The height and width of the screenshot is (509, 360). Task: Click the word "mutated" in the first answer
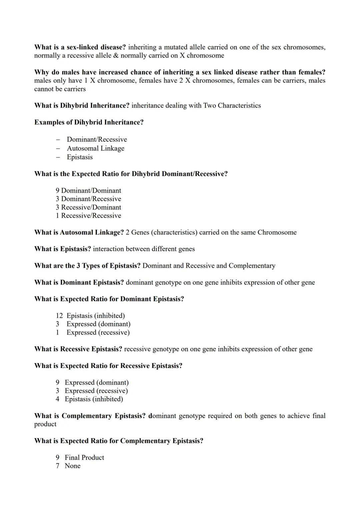point(176,47)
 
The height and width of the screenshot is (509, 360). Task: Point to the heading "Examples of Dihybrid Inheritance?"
point(89,122)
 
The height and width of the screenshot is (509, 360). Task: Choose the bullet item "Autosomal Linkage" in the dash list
point(95,148)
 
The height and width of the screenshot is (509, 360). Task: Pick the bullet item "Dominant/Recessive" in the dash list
point(97,139)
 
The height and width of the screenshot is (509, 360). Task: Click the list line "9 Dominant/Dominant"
point(88,191)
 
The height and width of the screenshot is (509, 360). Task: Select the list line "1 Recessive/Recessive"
point(88,216)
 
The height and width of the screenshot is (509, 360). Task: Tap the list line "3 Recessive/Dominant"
point(88,207)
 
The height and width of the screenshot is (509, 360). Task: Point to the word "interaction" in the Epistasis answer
point(108,249)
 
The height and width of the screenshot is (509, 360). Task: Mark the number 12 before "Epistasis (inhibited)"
point(59,316)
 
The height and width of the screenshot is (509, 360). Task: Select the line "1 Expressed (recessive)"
point(93,332)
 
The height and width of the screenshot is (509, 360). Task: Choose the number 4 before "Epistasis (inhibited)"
point(57,399)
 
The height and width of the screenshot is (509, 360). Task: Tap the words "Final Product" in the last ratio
point(84,458)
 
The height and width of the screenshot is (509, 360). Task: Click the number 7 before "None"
point(57,466)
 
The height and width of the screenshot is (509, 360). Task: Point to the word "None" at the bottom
point(72,466)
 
